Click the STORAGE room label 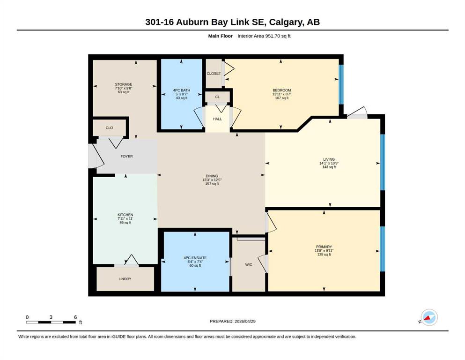pyautogui.click(x=124, y=84)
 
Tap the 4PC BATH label pyautogui.click(x=182, y=90)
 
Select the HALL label pyautogui.click(x=217, y=119)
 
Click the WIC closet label pyautogui.click(x=249, y=264)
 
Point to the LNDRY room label pyautogui.click(x=125, y=279)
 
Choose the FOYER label pyautogui.click(x=126, y=157)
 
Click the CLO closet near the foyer pyautogui.click(x=110, y=128)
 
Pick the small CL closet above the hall pyautogui.click(x=217, y=97)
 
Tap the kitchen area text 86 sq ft pyautogui.click(x=125, y=223)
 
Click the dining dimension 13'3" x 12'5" pyautogui.click(x=212, y=180)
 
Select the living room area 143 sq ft pyautogui.click(x=329, y=167)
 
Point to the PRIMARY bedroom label pyautogui.click(x=324, y=247)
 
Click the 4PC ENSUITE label pyautogui.click(x=195, y=258)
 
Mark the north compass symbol pyautogui.click(x=429, y=317)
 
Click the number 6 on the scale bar pyautogui.click(x=75, y=317)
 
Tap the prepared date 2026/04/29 pyautogui.click(x=245, y=321)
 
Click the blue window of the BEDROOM pyautogui.click(x=341, y=84)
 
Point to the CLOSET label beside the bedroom pyautogui.click(x=214, y=74)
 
